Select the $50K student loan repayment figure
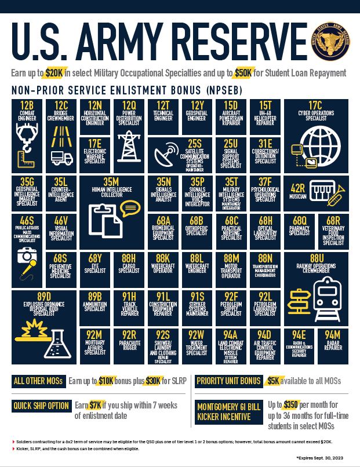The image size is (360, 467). click(x=242, y=73)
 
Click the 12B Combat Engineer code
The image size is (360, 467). click(x=27, y=105)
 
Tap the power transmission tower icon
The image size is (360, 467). click(x=128, y=145)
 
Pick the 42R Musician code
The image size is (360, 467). click(x=298, y=188)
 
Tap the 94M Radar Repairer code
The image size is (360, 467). click(x=333, y=335)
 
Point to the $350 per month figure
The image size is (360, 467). click(x=293, y=404)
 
